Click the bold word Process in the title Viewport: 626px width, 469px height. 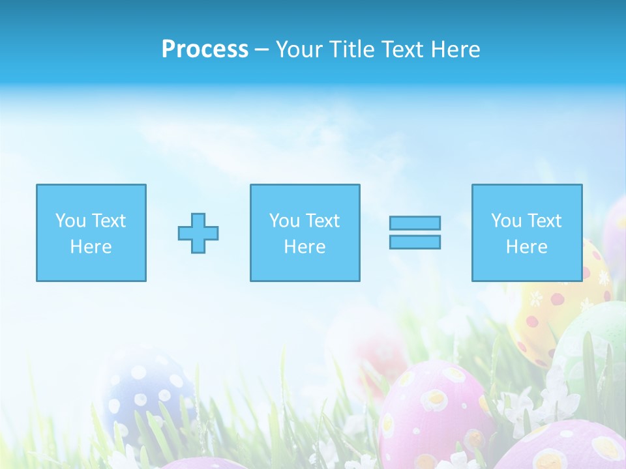coord(205,50)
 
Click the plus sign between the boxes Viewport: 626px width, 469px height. coord(198,233)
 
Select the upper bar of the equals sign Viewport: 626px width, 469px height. coord(415,223)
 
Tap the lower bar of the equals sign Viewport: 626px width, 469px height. coord(415,242)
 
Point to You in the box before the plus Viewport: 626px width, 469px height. coord(70,221)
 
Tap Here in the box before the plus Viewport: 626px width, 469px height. coord(91,247)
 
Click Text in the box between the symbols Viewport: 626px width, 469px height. coord(323,221)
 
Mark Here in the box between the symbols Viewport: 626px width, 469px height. coord(305,247)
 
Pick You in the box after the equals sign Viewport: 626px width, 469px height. coord(506,221)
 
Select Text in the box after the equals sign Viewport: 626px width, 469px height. coord(544,221)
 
